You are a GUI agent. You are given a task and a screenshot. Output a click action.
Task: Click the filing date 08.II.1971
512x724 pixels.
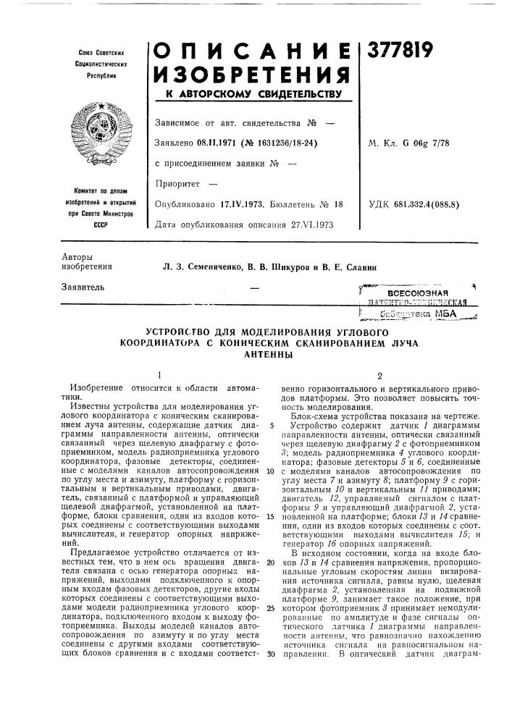click(x=217, y=143)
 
